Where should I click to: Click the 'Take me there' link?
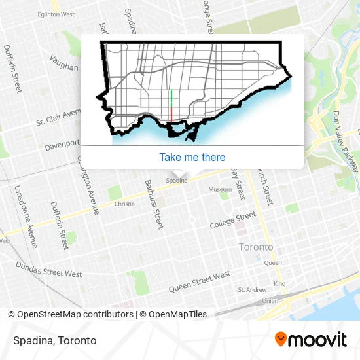pos(192,157)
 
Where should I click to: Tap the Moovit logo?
pos(311,340)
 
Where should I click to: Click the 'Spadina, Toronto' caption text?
pos(54,340)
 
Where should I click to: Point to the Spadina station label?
pos(176,181)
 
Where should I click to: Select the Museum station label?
pos(220,189)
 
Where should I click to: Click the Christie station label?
pos(124,204)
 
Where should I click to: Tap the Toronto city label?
pos(256,247)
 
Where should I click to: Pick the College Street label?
pos(232,220)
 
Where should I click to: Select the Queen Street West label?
pos(200,281)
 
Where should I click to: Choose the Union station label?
pos(270,301)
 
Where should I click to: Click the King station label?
pos(279,283)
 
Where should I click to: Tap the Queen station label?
pos(273,263)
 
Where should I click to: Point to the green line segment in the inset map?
pos(171,98)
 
